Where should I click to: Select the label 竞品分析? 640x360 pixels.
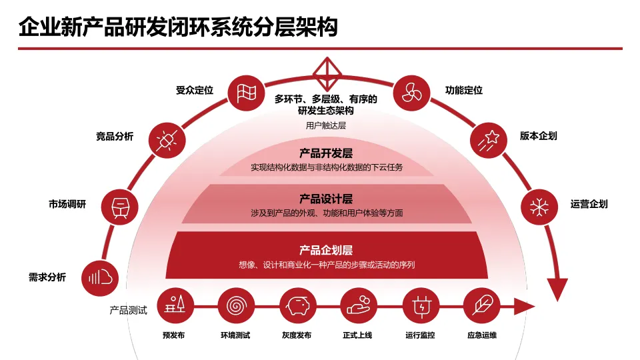click(x=115, y=137)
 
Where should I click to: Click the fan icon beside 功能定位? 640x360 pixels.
click(x=411, y=92)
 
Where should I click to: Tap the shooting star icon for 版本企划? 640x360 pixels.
click(x=489, y=139)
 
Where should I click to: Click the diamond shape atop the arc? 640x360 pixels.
click(x=327, y=74)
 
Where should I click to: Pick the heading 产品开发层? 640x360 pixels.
click(x=326, y=154)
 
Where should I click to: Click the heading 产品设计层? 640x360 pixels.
click(x=326, y=199)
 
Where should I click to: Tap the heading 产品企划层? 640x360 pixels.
click(x=326, y=250)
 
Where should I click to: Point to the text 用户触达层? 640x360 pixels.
click(x=326, y=125)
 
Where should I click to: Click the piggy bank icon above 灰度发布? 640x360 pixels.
click(x=297, y=306)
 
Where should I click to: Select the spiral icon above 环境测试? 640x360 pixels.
click(x=235, y=306)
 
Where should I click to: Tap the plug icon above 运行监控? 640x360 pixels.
click(x=421, y=306)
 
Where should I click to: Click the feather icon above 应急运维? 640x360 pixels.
click(x=481, y=306)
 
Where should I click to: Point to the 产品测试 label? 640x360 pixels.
click(x=128, y=311)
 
